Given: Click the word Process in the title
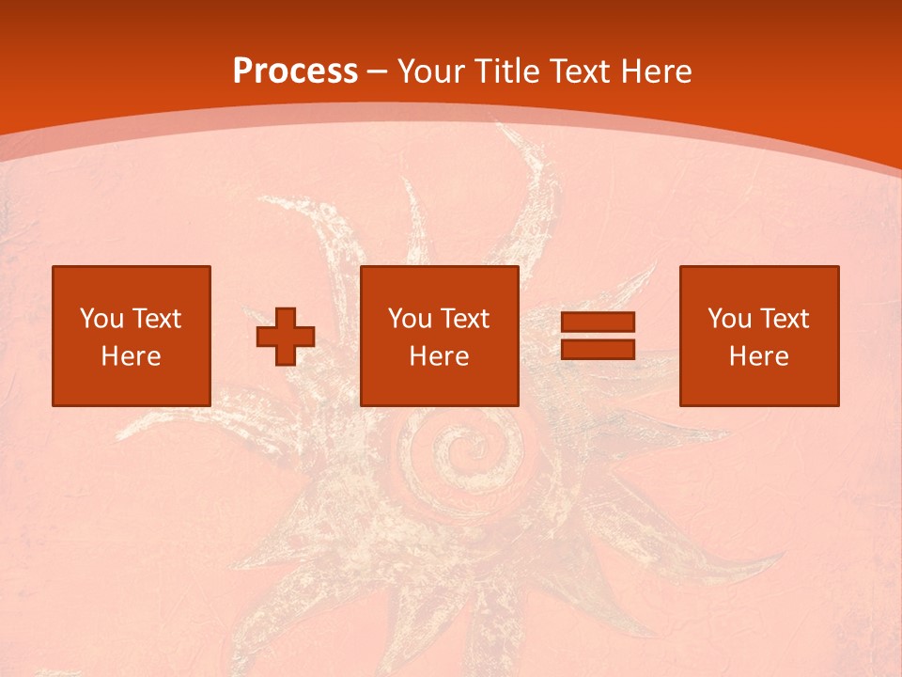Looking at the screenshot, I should [295, 71].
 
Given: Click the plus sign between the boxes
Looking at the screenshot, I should [286, 337].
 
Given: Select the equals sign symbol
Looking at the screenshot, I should [598, 336].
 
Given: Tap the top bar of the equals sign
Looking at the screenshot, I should [598, 322].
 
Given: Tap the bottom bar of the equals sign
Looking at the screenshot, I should [598, 350].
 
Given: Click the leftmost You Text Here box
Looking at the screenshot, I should [132, 336].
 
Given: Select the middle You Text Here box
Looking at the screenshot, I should [440, 336].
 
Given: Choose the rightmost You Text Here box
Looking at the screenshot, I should [759, 336].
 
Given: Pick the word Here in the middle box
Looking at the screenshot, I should [440, 356].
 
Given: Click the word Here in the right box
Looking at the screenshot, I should [759, 356].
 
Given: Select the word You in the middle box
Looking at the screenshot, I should [409, 319].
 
